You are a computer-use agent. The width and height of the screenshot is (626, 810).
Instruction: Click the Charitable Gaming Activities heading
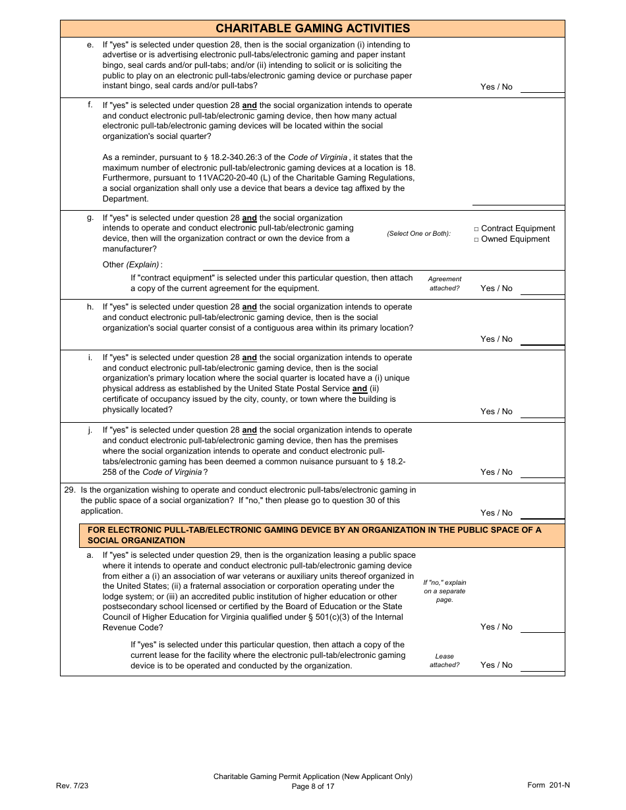pos(312,28)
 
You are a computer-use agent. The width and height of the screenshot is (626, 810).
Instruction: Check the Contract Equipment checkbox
pos(476,229)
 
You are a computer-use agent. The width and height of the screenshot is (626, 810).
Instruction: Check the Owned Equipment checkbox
pos(476,240)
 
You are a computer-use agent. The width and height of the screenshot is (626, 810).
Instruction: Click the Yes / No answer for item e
pos(496,87)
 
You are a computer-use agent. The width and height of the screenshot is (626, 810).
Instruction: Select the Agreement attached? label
pos(445,284)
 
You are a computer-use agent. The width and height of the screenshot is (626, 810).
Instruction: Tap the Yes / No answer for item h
pos(496,339)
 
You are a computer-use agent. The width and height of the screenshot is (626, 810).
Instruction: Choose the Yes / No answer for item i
pos(496,412)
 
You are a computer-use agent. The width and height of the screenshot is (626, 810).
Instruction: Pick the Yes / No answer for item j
pos(496,472)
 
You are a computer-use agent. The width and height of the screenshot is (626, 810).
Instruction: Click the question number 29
pos(69,490)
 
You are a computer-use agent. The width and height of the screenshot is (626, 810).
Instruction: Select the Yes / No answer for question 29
pos(496,513)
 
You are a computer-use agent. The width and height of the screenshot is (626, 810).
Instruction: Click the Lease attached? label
pos(445,661)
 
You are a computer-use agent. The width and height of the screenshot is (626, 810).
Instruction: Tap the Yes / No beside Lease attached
pos(496,665)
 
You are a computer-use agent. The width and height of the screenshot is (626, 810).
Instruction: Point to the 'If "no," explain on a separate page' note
pos(445,591)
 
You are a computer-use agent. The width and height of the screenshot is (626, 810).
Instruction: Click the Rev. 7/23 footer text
pos(72,785)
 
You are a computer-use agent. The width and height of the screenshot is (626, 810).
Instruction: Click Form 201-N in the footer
pos(548,785)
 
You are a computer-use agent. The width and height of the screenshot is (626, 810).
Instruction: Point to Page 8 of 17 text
pos(313,786)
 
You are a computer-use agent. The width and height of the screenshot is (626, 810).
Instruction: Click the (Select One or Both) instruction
pos(418,234)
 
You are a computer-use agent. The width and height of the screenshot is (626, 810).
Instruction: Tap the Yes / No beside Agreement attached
pos(496,288)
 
